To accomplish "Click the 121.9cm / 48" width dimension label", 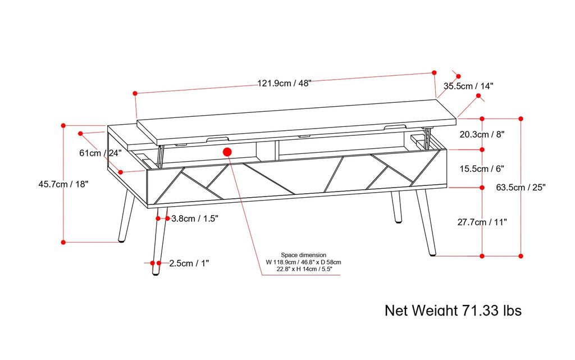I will (x=284, y=83).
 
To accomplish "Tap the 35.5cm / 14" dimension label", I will (x=468, y=86).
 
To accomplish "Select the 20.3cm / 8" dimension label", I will (x=482, y=134).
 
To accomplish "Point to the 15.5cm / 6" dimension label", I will (x=482, y=168).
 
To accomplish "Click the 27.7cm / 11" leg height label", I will (x=482, y=222).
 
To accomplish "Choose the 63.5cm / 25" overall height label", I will (x=522, y=187).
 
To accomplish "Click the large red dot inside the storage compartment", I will (x=228, y=152).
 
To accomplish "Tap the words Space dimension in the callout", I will (x=304, y=255).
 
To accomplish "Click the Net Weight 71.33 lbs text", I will (x=453, y=310).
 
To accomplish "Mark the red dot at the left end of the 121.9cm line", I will (x=135, y=93).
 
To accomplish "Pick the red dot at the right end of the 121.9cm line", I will (x=434, y=73).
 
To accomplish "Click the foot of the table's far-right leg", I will (x=432, y=254).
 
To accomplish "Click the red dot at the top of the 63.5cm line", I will (x=521, y=119).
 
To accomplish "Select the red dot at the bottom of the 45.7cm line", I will (x=63, y=242).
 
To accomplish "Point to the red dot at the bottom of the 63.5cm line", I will (x=521, y=256).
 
